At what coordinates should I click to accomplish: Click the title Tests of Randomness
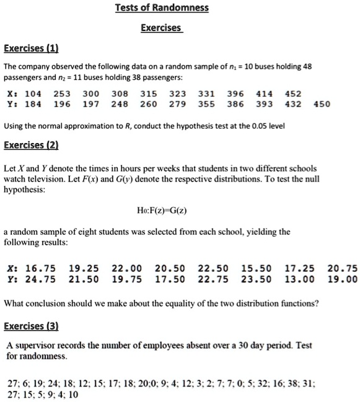tap(162, 8)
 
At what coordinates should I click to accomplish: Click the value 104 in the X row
tap(32, 94)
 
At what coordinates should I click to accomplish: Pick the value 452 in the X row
tap(293, 94)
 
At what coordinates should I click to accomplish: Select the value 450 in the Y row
tap(322, 103)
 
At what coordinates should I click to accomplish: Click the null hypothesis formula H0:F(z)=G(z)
tap(162, 211)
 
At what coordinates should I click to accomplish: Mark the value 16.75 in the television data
tap(41, 268)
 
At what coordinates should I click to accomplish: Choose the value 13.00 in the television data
tap(299, 279)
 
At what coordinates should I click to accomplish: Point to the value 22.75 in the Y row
tap(213, 279)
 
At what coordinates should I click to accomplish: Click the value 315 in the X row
tap(149, 94)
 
